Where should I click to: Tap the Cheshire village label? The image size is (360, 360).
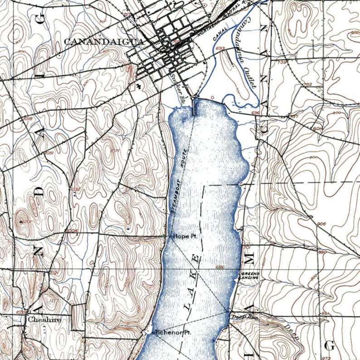[44, 320]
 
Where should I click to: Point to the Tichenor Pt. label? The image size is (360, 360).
[173, 332]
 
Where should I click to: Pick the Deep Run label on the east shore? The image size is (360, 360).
[245, 317]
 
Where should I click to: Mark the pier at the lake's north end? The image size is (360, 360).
[195, 107]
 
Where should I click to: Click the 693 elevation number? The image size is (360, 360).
[221, 48]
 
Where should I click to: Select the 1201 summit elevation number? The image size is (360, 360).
[25, 221]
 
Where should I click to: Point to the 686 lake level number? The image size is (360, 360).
[220, 267]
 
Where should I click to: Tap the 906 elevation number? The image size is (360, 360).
[322, 224]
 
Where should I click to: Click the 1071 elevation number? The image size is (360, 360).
[114, 151]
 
